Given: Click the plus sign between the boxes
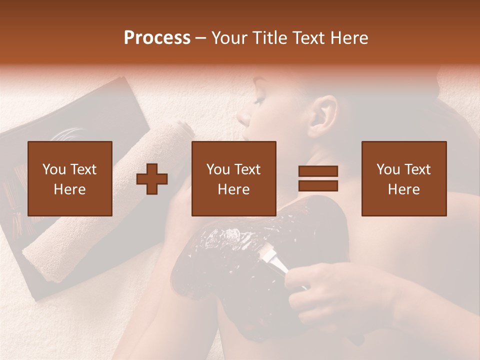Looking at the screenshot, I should pos(152,178).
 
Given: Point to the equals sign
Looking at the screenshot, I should pos(318,178).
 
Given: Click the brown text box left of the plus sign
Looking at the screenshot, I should pos(70,178).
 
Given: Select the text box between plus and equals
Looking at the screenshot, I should pos(234,178).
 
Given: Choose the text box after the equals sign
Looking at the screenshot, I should pos(403,178).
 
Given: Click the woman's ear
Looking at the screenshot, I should pos(325,112).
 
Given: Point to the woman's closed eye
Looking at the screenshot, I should pos(258,100).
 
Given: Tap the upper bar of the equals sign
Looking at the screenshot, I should pos(318,171).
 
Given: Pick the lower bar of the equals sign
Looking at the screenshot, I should pos(318,185).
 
